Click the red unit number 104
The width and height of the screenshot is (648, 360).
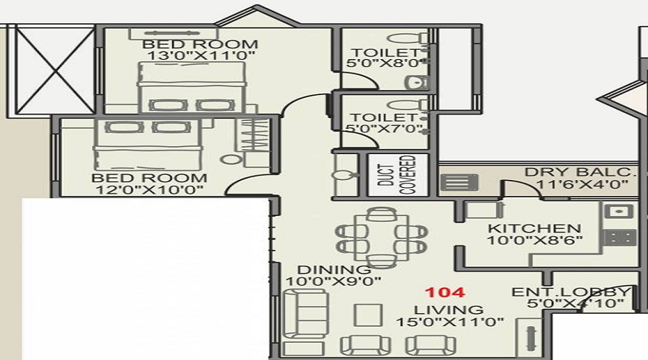click(444, 293)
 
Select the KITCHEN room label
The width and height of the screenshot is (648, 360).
click(534, 228)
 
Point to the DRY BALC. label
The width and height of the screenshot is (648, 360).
click(580, 173)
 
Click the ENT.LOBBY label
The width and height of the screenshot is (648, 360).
click(572, 292)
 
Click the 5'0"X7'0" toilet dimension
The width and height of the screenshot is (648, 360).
click(382, 130)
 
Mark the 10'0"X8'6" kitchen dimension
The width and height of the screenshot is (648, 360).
click(534, 240)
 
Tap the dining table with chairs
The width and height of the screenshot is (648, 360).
click(379, 236)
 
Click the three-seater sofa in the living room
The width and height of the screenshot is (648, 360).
click(297, 313)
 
